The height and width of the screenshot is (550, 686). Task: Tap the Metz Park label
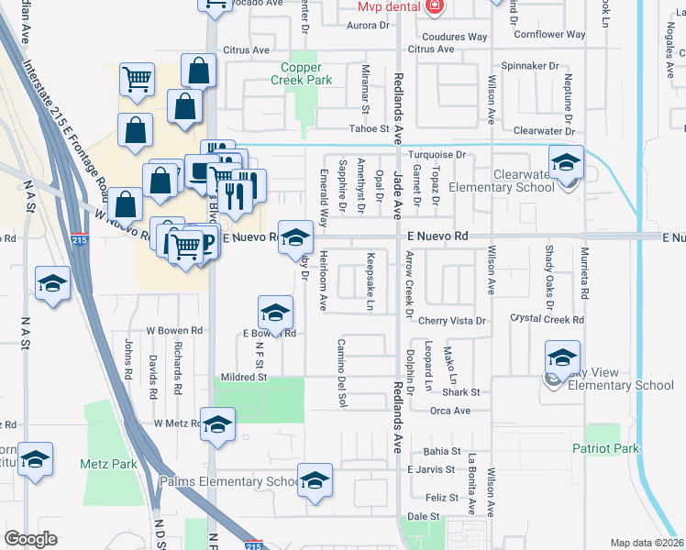(x=108, y=464)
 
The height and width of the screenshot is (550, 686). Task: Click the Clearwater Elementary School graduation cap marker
(x=566, y=163)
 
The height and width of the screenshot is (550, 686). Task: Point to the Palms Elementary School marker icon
(x=315, y=482)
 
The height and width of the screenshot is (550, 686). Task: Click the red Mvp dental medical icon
(x=434, y=6)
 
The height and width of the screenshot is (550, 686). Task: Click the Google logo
(x=30, y=539)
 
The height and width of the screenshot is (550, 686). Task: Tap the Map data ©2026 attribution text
(x=647, y=543)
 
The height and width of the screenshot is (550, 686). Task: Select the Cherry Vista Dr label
(x=451, y=321)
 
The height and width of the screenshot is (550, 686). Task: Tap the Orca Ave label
(x=449, y=411)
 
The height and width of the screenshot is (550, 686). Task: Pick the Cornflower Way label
(x=549, y=35)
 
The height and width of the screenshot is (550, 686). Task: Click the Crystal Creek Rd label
(x=547, y=320)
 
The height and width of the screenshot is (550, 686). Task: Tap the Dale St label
(x=423, y=517)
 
